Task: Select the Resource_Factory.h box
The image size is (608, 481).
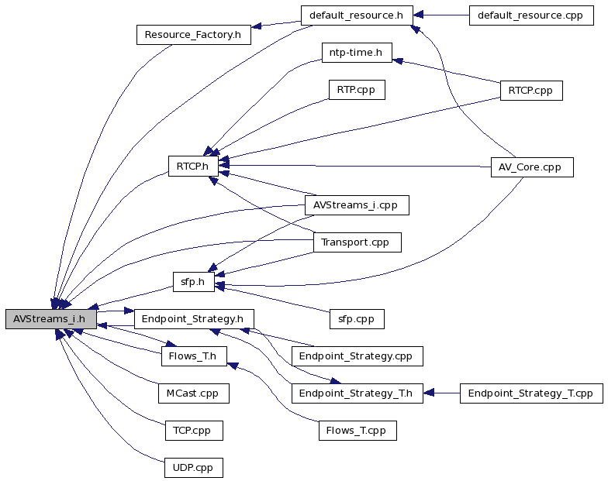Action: click(194, 35)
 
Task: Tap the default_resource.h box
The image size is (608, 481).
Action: click(357, 15)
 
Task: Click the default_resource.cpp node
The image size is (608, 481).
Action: click(531, 15)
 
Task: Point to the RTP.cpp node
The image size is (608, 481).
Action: click(357, 90)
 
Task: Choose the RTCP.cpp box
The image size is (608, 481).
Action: click(531, 91)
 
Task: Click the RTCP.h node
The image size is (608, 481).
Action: click(193, 166)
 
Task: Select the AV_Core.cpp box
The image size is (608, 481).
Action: click(532, 167)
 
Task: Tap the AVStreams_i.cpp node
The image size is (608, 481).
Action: click(357, 205)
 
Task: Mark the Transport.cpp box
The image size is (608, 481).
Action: click(357, 242)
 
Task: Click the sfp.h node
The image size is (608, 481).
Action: click(194, 282)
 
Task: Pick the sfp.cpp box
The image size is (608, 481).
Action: click(357, 319)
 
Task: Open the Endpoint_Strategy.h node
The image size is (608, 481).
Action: click(194, 319)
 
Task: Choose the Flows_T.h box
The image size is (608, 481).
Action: click(194, 356)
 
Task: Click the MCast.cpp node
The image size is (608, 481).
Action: click(194, 393)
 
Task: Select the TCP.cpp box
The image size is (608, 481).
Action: click(194, 431)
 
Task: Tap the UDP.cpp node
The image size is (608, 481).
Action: click(194, 468)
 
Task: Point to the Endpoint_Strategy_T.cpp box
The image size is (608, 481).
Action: click(531, 393)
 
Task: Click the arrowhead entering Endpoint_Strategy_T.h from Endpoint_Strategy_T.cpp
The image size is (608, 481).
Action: click(428, 393)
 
